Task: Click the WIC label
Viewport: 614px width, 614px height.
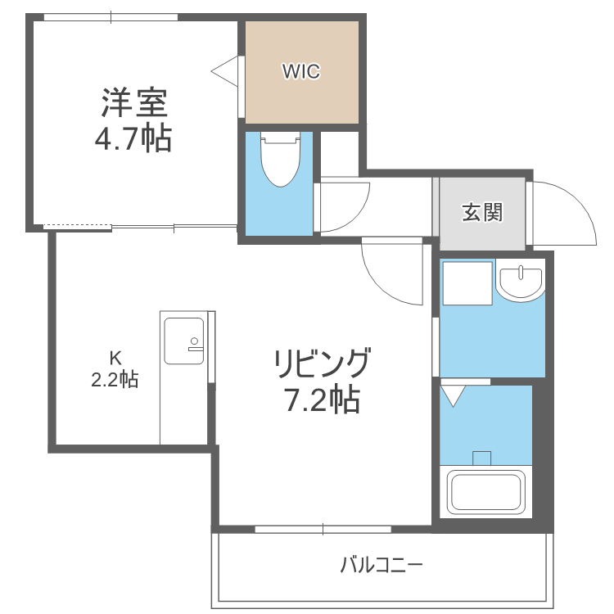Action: pos(300,71)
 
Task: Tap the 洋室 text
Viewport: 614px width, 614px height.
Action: pos(134,103)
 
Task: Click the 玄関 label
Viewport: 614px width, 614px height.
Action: pos(481,213)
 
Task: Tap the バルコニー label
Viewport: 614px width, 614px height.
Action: pos(381,565)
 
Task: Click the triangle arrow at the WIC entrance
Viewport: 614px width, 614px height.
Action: pos(225,72)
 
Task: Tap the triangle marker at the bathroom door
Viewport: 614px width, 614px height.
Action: pos(453,395)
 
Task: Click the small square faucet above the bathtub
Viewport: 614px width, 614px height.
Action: pos(482,457)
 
